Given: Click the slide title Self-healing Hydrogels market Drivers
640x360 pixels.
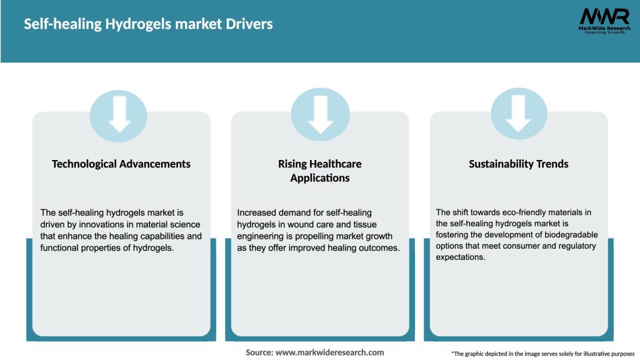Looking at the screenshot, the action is [x=148, y=24].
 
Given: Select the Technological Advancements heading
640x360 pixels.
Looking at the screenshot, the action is [x=121, y=164].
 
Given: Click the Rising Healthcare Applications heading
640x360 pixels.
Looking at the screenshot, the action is [x=320, y=171].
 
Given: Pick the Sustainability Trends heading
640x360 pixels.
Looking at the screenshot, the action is [x=519, y=164].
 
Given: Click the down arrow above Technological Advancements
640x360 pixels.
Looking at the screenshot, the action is [x=119, y=114].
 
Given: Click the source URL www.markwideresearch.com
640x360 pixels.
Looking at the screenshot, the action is [x=330, y=352].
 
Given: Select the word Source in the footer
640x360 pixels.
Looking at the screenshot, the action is [x=259, y=352].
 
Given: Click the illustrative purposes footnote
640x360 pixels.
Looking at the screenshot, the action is [x=542, y=354].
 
